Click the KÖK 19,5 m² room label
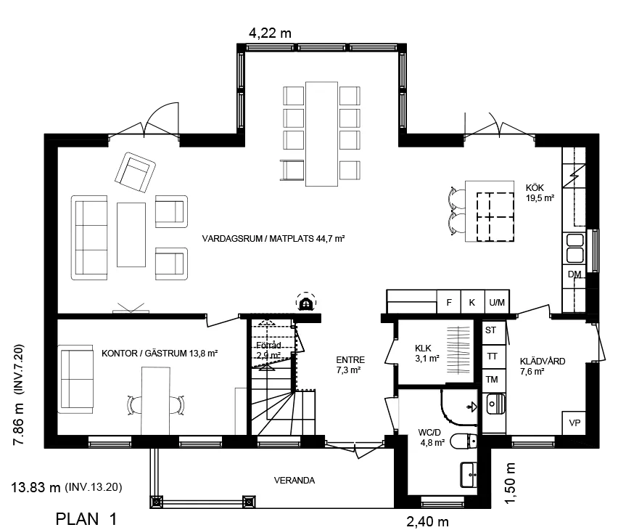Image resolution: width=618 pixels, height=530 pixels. [540, 192]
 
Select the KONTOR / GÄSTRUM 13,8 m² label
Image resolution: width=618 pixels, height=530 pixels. [160, 353]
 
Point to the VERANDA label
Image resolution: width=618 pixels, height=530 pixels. [294, 480]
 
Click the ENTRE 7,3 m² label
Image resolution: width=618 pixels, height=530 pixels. [350, 364]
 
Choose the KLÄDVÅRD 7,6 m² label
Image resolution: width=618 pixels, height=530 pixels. [542, 366]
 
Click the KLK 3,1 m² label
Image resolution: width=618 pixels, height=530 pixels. [427, 352]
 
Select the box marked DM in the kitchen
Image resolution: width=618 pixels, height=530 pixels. [574, 274]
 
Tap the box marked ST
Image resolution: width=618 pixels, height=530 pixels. [491, 330]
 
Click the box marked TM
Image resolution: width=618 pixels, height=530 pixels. [491, 379]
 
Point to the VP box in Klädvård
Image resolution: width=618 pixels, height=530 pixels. [575, 423]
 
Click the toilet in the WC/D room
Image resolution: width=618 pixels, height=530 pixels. [463, 440]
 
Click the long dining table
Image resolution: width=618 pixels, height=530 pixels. [322, 134]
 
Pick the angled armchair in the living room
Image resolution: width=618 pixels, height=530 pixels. [136, 172]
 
